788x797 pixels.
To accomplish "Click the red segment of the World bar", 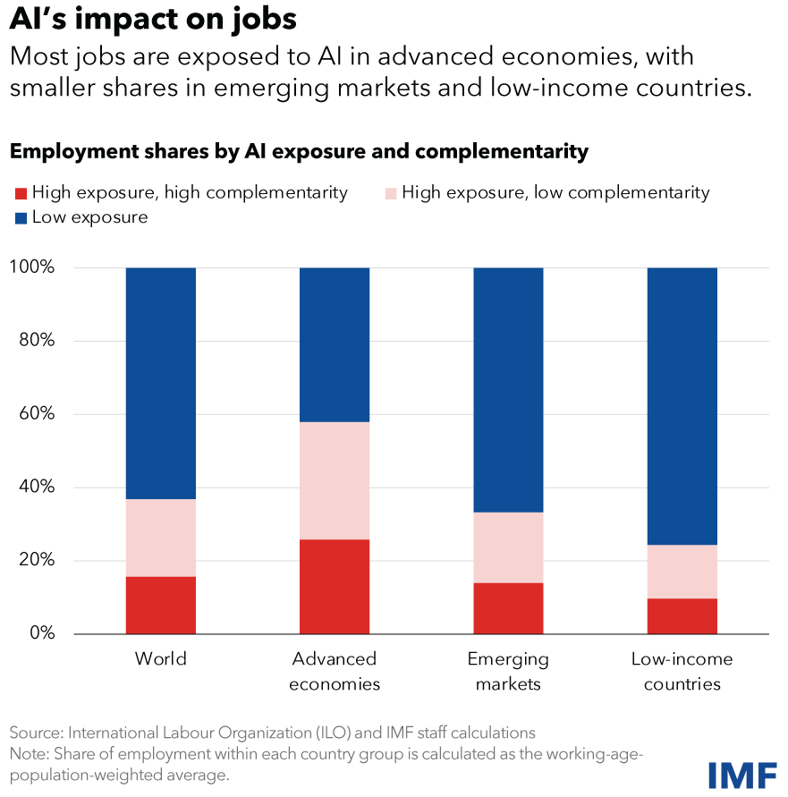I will coord(161,605).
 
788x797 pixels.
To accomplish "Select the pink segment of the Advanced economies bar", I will coord(335,480).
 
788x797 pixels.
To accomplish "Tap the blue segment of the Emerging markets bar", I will coord(508,389).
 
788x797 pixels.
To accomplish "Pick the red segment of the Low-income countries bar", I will coord(682,615).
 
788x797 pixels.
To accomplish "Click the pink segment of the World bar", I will coord(161,538).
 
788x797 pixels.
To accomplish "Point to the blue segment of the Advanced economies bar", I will coord(335,344).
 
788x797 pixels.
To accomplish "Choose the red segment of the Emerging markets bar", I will coord(508,608).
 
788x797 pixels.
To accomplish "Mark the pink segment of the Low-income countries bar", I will coord(682,572).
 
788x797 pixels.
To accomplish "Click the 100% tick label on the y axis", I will coord(31,267).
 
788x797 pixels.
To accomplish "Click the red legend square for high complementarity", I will coord(20,192).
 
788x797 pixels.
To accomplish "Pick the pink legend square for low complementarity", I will coord(390,192).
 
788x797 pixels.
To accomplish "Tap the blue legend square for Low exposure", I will coord(20,217).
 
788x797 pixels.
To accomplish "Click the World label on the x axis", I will coord(161,660).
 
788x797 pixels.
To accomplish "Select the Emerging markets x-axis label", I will coord(508,671).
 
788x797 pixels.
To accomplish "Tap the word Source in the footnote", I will coord(34,733).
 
